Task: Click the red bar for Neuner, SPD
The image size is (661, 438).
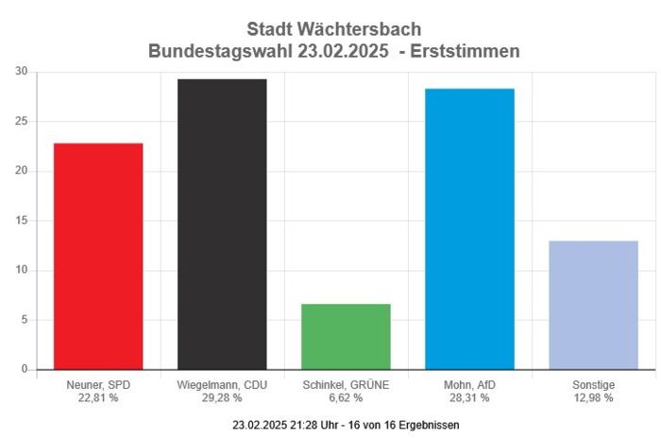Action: (98, 256)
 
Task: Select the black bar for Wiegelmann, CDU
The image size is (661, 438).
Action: (222, 224)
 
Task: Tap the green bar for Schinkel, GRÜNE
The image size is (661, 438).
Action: (346, 336)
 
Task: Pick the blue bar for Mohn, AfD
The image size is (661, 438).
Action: (469, 228)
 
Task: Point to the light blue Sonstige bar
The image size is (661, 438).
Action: (593, 305)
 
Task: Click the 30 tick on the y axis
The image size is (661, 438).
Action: (22, 72)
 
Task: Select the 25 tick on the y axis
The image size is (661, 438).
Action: (22, 122)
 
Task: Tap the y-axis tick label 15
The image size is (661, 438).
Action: (22, 221)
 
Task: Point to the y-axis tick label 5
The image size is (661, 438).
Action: (25, 320)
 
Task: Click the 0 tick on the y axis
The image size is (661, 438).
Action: (25, 370)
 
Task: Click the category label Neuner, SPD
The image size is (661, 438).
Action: (98, 385)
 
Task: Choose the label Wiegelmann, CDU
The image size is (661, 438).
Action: (222, 385)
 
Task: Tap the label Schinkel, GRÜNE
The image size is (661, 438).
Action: (346, 385)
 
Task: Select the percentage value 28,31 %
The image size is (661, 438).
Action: (469, 398)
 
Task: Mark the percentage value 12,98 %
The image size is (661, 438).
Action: (593, 398)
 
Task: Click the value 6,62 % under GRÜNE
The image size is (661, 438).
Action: (346, 398)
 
